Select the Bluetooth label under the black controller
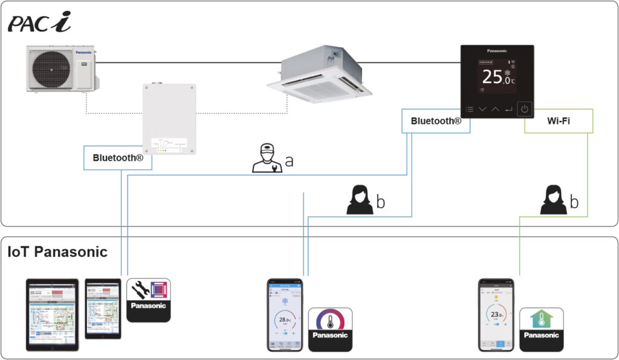436,121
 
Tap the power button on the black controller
525,109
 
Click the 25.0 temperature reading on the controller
497,77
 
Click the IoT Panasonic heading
57,252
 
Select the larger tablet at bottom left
53,315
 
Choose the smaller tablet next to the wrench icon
103,309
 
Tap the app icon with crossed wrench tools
149,300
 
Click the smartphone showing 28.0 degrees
284,315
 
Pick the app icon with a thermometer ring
330,329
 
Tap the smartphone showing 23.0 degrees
496,315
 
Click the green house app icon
542,329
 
